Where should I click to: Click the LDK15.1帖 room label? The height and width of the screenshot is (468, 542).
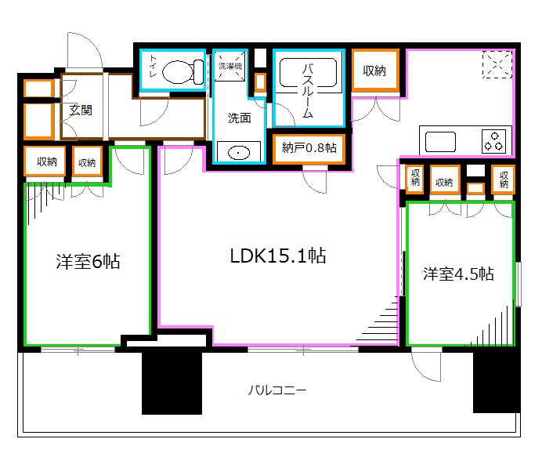pos(278,256)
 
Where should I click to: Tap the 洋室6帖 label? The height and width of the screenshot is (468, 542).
pos(87,262)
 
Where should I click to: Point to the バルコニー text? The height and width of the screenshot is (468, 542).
pos(277,390)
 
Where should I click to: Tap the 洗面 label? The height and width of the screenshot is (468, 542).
pos(239,118)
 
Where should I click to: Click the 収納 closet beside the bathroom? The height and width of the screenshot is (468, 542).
pos(374,71)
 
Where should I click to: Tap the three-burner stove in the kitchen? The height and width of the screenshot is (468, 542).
pos(494,141)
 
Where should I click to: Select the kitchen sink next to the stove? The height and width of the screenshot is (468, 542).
pos(441,142)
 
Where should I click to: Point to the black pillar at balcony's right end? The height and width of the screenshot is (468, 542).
pos(497,380)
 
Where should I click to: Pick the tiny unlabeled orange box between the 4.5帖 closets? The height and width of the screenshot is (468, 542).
pos(474,188)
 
